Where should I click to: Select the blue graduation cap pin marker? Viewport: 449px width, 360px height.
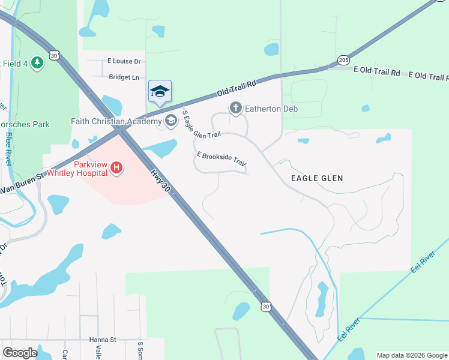[x=160, y=92]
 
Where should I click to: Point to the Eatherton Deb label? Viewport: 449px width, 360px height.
[x=271, y=109]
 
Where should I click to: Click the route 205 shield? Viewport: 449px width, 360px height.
[x=343, y=60]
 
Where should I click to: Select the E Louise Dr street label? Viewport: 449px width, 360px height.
[x=124, y=61]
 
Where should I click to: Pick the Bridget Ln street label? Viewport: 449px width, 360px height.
[x=124, y=77]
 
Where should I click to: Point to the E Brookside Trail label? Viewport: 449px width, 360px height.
[x=221, y=160]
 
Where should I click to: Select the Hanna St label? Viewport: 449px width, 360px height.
[x=102, y=339]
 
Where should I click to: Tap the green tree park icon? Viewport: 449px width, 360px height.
[x=37, y=62]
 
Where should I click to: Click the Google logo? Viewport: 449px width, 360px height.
[x=20, y=352]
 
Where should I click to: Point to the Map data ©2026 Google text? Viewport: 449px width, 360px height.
[x=412, y=355]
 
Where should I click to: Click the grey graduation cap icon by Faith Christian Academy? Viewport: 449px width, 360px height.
[x=171, y=121]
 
